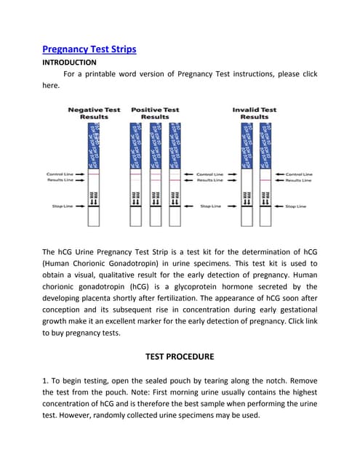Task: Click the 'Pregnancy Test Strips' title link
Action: (89, 49)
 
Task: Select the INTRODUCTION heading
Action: (69, 62)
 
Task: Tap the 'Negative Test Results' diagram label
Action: (95, 113)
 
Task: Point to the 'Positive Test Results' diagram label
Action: (155, 113)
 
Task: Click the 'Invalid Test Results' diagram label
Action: (254, 113)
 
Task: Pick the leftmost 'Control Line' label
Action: (60, 174)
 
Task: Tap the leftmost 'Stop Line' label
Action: (63, 206)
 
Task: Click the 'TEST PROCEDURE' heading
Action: (180, 357)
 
